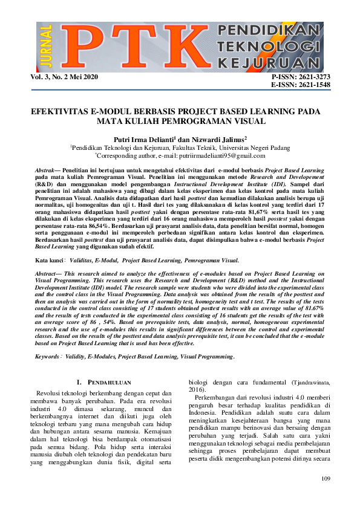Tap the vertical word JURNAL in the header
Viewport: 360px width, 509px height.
coord(48,47)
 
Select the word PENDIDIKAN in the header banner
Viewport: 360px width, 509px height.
coord(264,31)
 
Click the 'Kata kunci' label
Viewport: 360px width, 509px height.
coord(50,261)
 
